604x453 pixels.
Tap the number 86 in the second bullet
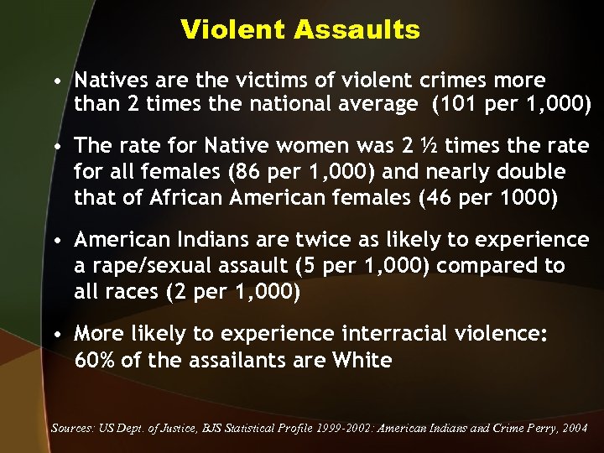(252, 172)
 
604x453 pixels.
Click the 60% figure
(93, 361)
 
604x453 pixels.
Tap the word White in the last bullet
(362, 361)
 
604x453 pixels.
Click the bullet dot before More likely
(55, 335)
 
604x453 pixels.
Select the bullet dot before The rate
(55, 147)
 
